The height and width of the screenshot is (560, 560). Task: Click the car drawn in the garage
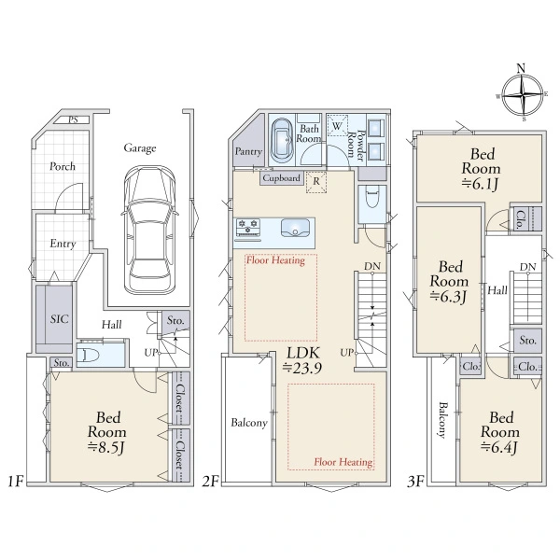click(150, 230)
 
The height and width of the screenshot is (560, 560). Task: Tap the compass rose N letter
click(521, 68)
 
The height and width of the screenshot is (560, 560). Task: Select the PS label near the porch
click(74, 119)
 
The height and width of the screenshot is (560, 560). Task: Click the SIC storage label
click(60, 318)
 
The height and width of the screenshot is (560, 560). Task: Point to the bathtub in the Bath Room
click(282, 141)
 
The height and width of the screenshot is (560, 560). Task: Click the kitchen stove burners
click(248, 227)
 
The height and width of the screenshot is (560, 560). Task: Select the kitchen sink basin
click(295, 228)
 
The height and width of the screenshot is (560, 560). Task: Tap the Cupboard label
click(282, 178)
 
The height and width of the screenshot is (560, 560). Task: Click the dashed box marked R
click(316, 182)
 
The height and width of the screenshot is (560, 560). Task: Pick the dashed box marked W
click(338, 125)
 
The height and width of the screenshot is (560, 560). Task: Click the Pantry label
click(248, 151)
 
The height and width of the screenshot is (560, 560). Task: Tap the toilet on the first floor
click(90, 355)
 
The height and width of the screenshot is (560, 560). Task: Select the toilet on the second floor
click(372, 198)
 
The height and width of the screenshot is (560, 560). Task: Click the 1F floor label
click(16, 482)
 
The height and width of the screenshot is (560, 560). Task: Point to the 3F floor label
click(416, 482)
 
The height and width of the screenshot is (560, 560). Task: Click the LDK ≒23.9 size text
click(302, 360)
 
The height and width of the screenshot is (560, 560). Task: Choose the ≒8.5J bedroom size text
click(106, 447)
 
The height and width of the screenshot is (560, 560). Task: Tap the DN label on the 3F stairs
click(528, 267)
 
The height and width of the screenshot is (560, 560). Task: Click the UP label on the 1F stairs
click(150, 353)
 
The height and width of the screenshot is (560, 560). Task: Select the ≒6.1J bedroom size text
click(480, 184)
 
